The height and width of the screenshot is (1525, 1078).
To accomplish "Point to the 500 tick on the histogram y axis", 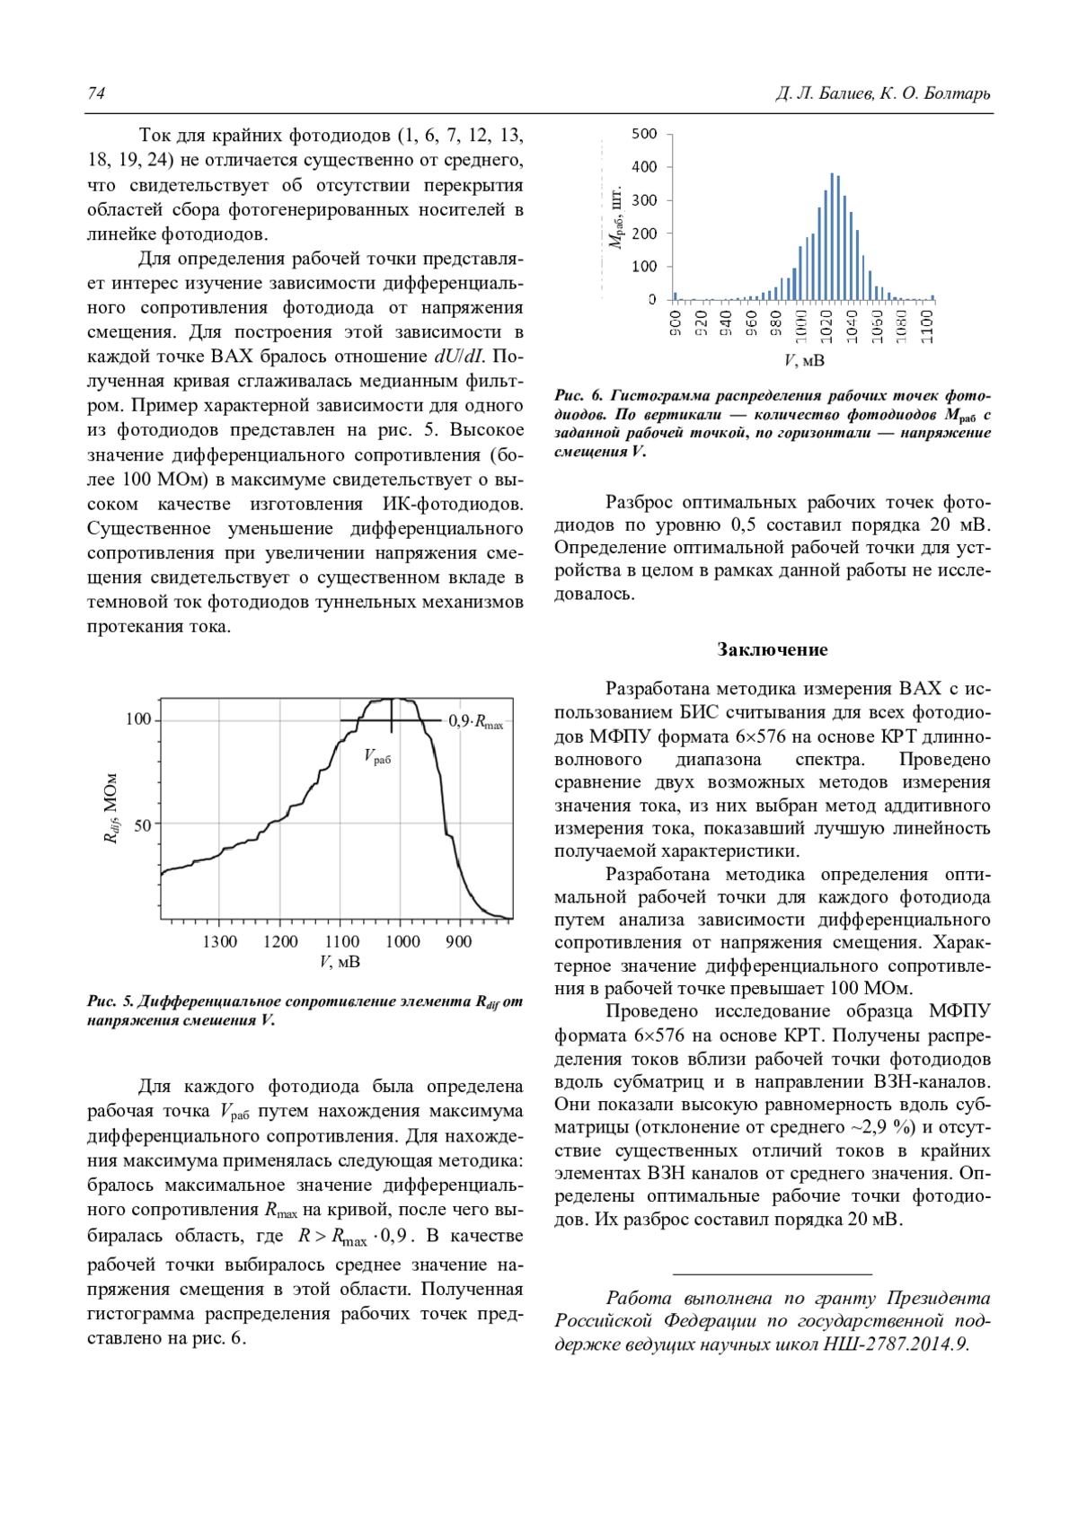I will click(x=644, y=134).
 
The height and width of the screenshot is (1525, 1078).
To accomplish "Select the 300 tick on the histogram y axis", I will click(x=644, y=200).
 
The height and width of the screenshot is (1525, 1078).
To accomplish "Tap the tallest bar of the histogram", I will click(x=832, y=236).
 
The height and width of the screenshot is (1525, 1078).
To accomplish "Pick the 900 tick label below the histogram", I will click(x=675, y=322).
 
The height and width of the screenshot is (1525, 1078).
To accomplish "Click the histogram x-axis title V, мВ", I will click(x=804, y=361).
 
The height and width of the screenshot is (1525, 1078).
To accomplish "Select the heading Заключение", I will click(x=773, y=649).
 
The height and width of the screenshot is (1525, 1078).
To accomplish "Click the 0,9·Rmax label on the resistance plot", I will click(x=476, y=721).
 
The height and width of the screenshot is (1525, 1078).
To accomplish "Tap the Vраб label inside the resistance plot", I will click(x=378, y=757).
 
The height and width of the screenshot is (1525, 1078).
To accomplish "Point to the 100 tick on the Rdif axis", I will click(x=138, y=720).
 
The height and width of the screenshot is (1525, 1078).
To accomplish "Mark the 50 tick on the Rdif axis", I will click(x=143, y=824).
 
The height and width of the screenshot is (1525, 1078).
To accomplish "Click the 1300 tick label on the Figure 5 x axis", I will click(x=219, y=941).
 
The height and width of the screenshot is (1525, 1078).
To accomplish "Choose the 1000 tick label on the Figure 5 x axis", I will click(x=402, y=941).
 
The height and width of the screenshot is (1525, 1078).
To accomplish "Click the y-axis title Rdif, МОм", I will click(x=110, y=808).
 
